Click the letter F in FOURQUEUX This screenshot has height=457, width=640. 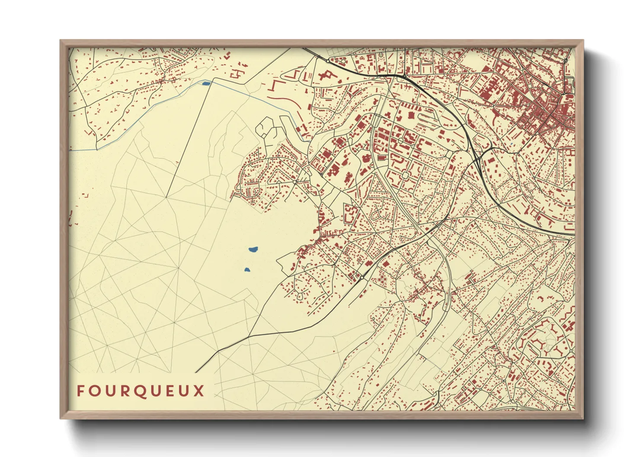tap(80, 391)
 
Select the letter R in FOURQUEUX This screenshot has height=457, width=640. tap(127, 391)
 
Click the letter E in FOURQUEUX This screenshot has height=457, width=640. tap(172, 391)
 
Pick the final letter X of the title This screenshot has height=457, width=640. tap(199, 391)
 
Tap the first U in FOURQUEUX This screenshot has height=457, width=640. tap(111, 391)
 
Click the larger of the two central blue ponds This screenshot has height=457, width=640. tap(253, 249)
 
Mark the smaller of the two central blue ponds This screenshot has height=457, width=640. tap(247, 270)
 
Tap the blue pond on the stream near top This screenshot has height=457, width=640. tap(206, 83)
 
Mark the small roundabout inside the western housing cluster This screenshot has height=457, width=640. tap(295, 182)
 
